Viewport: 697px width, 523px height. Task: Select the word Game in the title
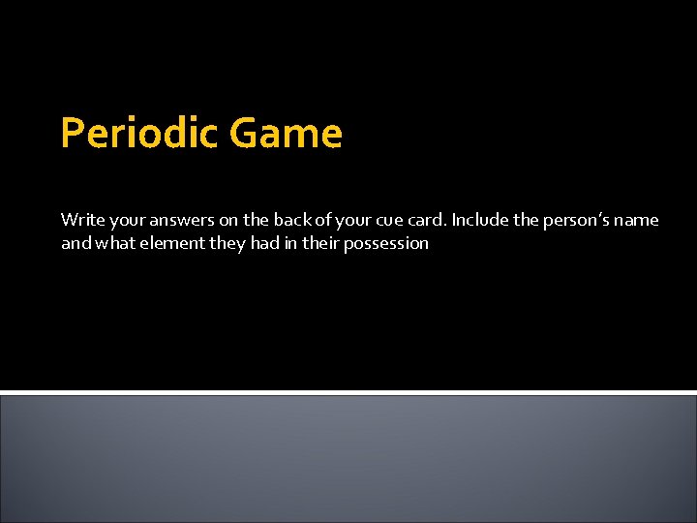(x=286, y=134)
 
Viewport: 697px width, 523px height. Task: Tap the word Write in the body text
(x=80, y=220)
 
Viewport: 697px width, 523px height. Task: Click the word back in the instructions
(x=287, y=220)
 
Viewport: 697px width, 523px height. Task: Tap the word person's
(x=574, y=220)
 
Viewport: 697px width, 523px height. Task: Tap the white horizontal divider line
(x=348, y=392)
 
